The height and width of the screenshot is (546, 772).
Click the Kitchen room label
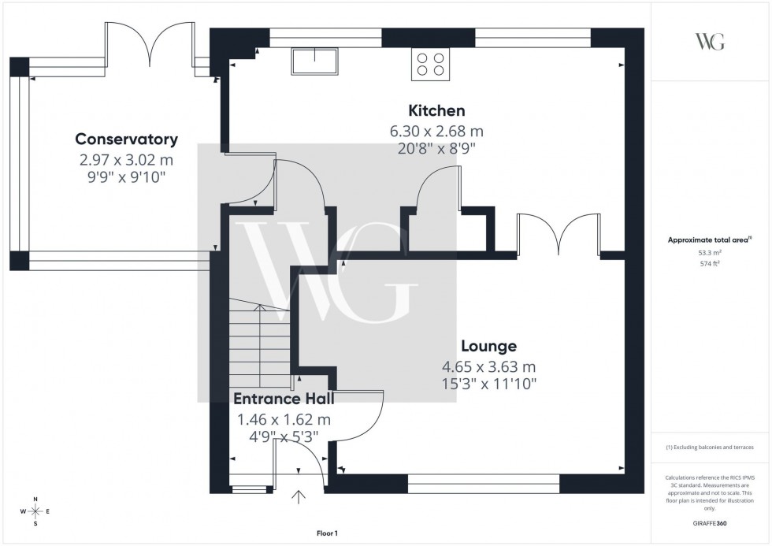point(436,110)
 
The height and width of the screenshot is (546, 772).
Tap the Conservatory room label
point(126,139)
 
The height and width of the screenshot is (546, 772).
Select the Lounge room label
point(488,346)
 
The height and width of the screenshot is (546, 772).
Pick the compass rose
point(35,511)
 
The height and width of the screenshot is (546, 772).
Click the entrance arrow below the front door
point(299,496)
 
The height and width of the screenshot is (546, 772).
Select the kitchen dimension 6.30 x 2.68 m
point(436,130)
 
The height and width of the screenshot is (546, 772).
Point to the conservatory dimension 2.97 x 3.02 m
point(126,159)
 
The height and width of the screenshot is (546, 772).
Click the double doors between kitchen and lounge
point(558,235)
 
